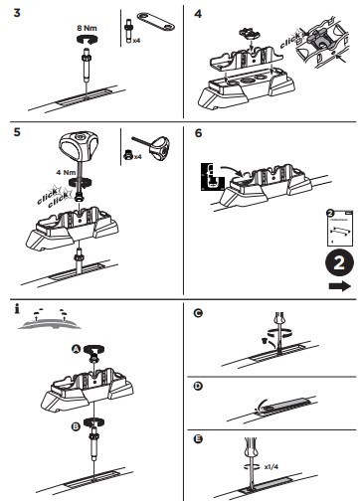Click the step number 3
(17, 13)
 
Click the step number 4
(198, 14)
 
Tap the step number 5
(17, 132)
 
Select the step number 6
(198, 133)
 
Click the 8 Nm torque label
(87, 28)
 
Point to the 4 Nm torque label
(66, 172)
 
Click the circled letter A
(77, 349)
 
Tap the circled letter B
(76, 426)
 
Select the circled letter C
(198, 313)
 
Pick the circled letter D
(198, 386)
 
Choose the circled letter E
(198, 439)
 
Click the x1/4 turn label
(271, 467)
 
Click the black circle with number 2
(339, 263)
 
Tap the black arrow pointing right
(340, 286)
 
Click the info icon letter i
(17, 309)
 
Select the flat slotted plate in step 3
(156, 22)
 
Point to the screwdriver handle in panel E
(251, 449)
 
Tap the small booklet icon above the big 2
(339, 228)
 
